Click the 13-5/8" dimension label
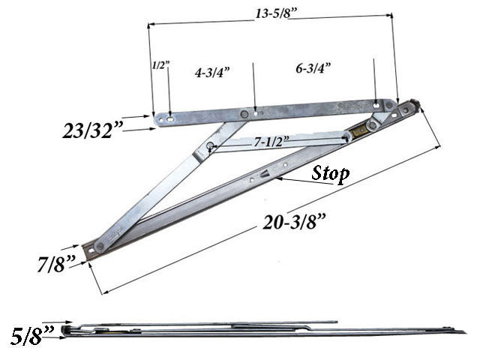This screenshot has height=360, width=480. [x=271, y=13]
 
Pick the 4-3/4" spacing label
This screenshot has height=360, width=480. [x=211, y=72]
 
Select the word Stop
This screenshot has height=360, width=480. [x=330, y=175]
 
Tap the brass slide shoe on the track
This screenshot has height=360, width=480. [x=358, y=132]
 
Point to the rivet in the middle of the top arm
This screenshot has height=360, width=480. [x=244, y=114]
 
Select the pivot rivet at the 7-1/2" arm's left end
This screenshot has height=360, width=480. [x=211, y=146]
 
